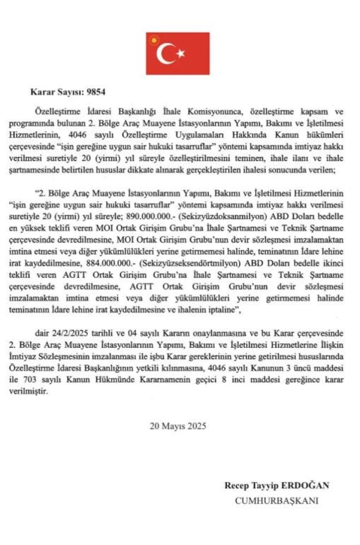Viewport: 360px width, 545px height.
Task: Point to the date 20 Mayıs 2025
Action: [178, 425]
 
